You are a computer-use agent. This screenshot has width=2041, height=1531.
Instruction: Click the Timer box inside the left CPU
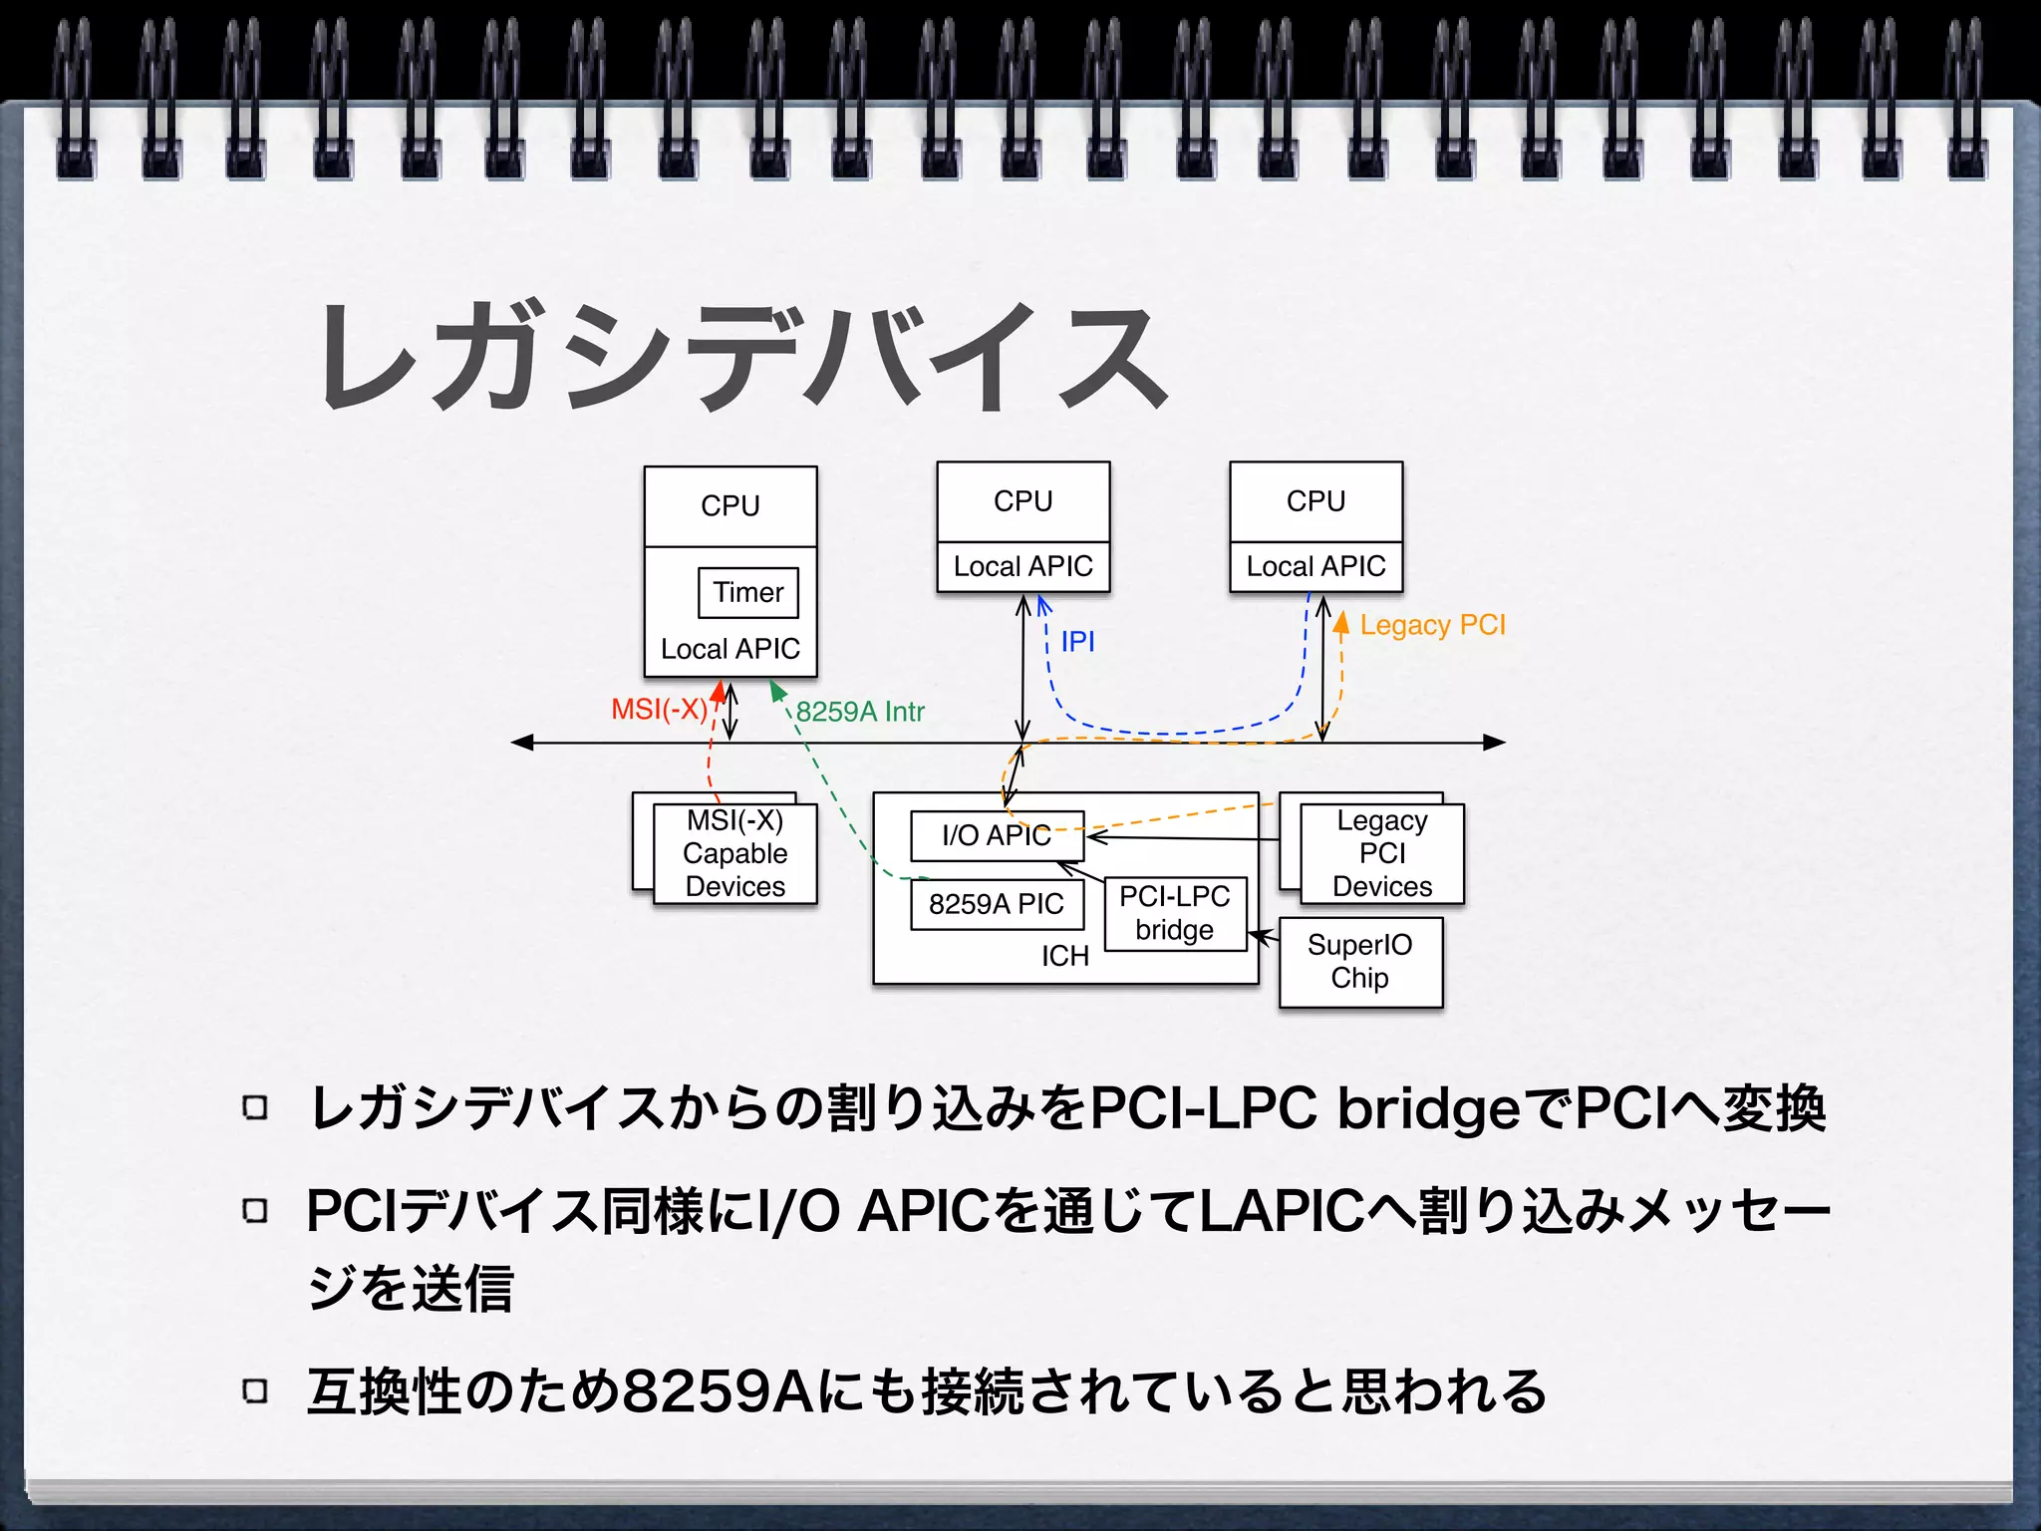coord(748,593)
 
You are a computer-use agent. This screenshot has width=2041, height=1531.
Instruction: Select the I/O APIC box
coord(997,835)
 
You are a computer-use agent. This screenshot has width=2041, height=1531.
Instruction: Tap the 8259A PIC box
coord(997,904)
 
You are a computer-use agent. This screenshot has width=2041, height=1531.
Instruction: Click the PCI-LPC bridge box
coord(1175,913)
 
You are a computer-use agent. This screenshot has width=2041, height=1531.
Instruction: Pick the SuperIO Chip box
coord(1360,962)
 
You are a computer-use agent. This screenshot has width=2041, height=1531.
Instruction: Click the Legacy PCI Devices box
coord(1382,854)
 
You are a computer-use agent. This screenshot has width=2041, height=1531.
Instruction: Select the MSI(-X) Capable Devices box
coord(735,854)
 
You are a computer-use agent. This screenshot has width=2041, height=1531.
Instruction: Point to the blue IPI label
coord(1078,642)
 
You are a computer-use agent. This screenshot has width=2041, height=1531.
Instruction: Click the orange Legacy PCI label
coord(1432,625)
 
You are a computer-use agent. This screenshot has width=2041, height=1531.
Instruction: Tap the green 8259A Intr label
coord(860,712)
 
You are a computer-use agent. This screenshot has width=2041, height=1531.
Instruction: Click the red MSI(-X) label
coord(659,710)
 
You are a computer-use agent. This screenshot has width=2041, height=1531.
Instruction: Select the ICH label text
coord(1065,957)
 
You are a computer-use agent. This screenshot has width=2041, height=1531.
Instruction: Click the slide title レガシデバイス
coord(742,357)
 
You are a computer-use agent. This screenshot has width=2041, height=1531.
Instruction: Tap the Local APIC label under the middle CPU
coord(1023,567)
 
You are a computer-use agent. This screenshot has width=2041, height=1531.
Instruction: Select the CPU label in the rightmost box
coord(1315,501)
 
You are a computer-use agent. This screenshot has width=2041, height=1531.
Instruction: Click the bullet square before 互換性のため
coord(256,1391)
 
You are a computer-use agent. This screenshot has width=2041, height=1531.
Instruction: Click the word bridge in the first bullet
coord(1428,1109)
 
